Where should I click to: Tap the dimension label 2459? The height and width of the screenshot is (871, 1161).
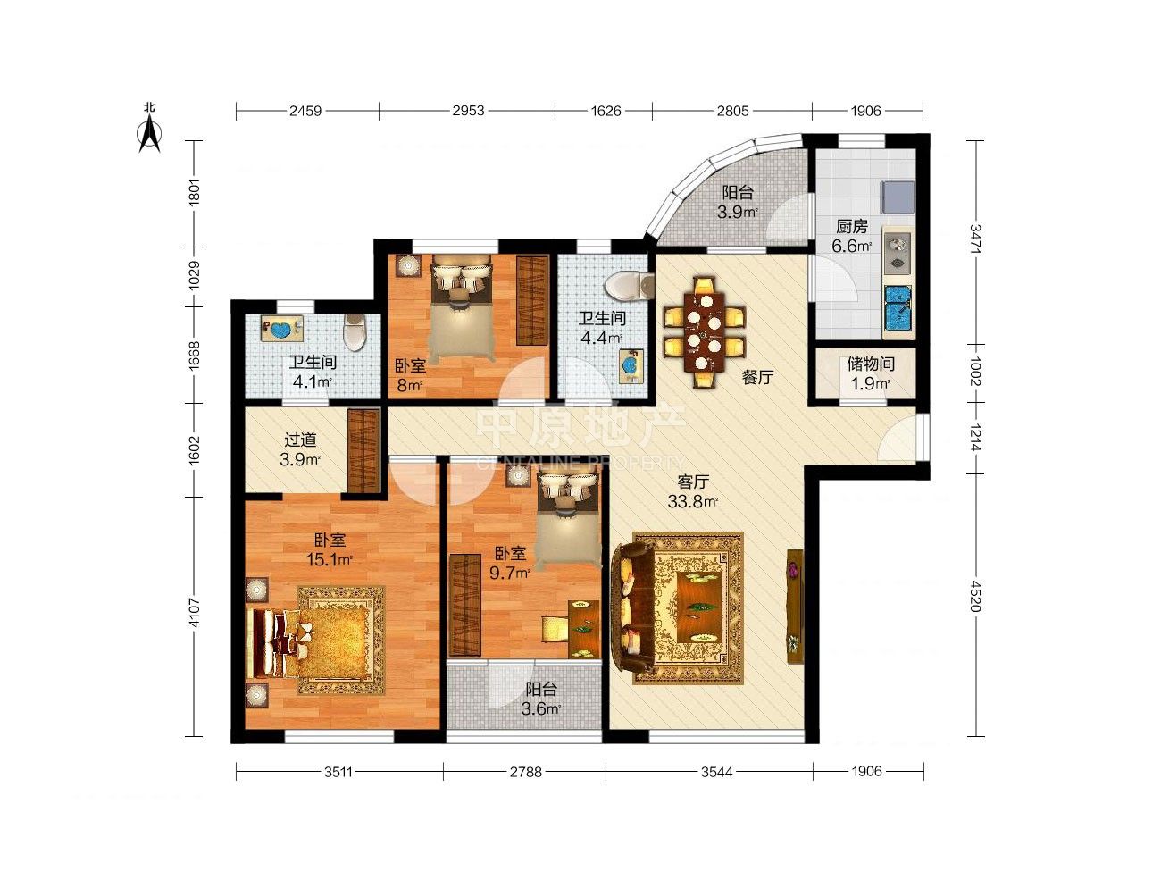tap(305, 111)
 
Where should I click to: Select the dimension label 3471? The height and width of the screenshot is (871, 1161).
tap(976, 239)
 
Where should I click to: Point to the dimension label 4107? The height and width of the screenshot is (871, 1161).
tap(194, 613)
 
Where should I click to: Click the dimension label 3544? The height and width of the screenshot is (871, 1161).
tap(717, 772)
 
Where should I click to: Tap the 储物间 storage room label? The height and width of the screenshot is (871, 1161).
tap(871, 364)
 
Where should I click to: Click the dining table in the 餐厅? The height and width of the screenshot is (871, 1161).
tap(704, 332)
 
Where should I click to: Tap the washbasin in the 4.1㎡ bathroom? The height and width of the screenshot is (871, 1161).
tap(282, 329)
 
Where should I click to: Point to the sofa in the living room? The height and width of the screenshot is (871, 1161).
tap(632, 607)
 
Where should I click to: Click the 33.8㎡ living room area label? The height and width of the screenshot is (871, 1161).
tap(692, 500)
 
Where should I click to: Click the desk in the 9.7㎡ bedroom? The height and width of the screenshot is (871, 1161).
tap(584, 630)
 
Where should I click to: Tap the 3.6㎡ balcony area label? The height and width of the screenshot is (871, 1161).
tap(540, 708)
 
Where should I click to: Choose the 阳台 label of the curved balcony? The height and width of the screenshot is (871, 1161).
tap(738, 192)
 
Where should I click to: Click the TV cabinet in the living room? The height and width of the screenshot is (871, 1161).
tap(795, 606)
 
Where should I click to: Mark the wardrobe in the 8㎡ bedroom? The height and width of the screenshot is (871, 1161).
tap(532, 301)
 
